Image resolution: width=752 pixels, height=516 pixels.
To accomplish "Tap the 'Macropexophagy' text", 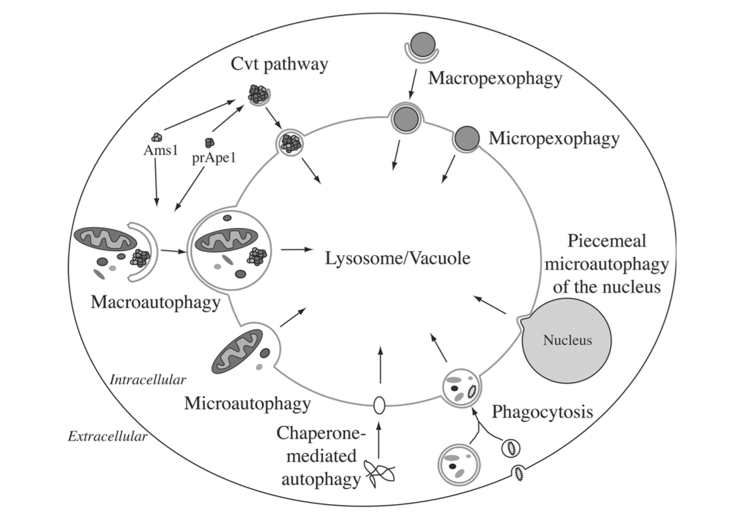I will (x=495, y=78).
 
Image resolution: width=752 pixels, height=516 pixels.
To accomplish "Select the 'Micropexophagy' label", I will (x=554, y=138).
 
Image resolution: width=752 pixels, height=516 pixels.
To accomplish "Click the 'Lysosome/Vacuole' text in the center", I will (x=398, y=258).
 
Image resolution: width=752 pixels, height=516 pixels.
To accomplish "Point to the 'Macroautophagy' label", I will (x=156, y=303).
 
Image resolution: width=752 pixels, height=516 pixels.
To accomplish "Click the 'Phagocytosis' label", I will (x=542, y=411).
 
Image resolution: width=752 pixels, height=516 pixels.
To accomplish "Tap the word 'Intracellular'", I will (x=147, y=380).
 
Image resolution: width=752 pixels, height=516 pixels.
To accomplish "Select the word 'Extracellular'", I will (x=107, y=437).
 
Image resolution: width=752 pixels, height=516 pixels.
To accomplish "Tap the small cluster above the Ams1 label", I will (x=157, y=136).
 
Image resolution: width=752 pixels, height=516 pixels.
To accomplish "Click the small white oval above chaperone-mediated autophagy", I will (x=380, y=405).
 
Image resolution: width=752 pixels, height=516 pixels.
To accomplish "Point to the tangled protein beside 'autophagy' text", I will (x=380, y=475).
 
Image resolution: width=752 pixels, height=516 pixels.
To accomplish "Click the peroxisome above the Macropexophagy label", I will (x=420, y=46).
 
